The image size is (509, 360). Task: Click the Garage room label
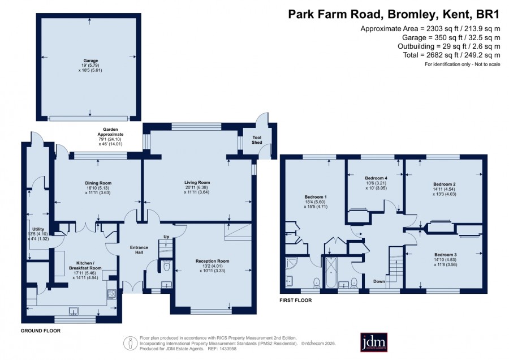click(x=90, y=61)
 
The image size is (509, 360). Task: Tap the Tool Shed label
click(x=257, y=140)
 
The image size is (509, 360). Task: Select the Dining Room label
click(x=98, y=183)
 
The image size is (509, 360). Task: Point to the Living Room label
click(x=197, y=183)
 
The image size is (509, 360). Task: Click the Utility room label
click(x=38, y=229)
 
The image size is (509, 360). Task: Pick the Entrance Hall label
click(x=139, y=250)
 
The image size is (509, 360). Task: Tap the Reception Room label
click(x=212, y=261)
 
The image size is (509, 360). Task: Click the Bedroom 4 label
click(x=376, y=178)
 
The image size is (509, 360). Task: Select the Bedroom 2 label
click(x=445, y=184)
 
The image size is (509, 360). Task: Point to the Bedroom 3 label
click(x=446, y=254)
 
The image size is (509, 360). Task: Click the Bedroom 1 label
click(x=316, y=197)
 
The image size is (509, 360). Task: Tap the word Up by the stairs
click(x=166, y=237)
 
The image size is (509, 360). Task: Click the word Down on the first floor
click(x=379, y=281)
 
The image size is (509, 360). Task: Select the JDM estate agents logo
click(x=374, y=342)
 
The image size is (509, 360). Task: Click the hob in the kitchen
click(x=111, y=294)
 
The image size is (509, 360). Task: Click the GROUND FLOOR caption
click(x=41, y=331)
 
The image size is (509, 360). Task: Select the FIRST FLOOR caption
click(x=295, y=300)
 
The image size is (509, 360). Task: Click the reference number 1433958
click(x=228, y=349)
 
